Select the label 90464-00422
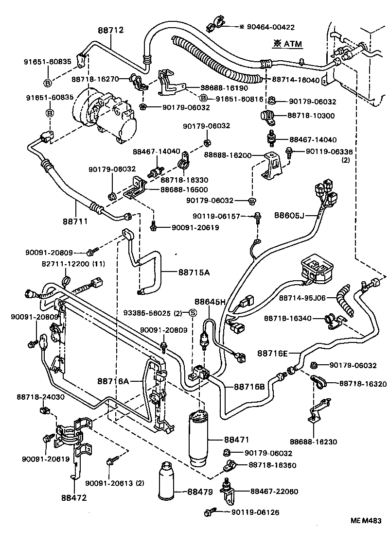click(x=270, y=27)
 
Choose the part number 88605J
click(x=289, y=215)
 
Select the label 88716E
click(x=272, y=353)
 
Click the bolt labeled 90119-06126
click(x=212, y=511)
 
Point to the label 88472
click(x=73, y=497)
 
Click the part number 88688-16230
click(x=313, y=442)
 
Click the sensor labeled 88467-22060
click(x=227, y=488)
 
